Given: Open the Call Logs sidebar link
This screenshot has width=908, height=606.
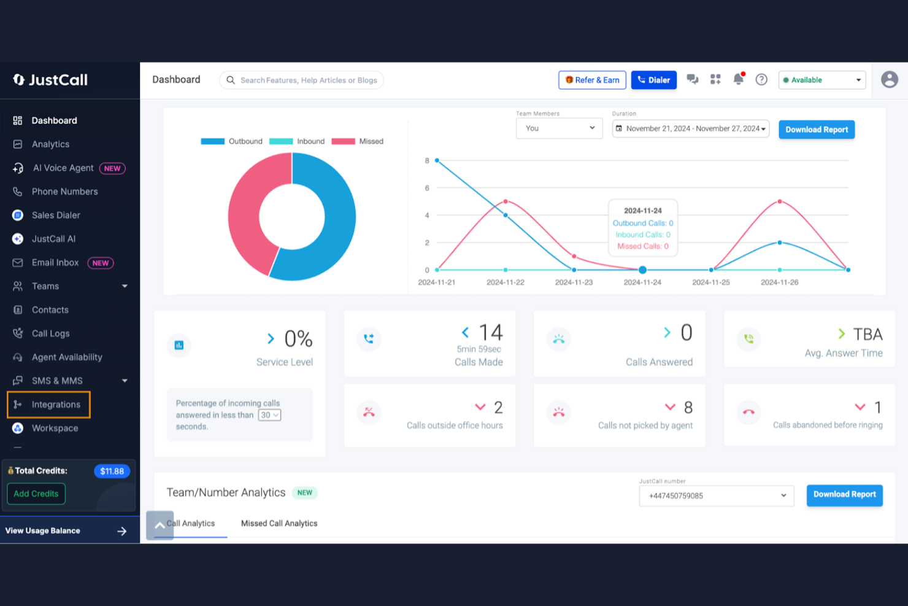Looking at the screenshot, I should [x=50, y=333].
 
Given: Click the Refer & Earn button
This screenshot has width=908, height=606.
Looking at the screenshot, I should [x=592, y=80].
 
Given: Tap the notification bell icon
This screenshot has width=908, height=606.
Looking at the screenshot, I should [x=738, y=79].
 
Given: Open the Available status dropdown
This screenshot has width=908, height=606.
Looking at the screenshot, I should [x=822, y=80].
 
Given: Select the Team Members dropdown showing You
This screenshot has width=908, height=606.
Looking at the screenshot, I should [x=559, y=128].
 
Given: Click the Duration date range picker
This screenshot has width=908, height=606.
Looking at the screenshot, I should [x=690, y=129].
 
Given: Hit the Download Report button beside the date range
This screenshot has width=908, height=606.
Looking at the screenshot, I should [x=816, y=130].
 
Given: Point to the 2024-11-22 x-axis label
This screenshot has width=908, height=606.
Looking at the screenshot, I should [x=505, y=282].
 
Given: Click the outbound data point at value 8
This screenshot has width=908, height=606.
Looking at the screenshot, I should [x=437, y=160].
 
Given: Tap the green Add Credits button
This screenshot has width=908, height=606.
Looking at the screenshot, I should [x=36, y=494].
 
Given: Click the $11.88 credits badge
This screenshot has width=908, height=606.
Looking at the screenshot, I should [x=112, y=472].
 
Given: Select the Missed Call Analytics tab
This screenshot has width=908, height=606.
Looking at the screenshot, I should [x=279, y=524].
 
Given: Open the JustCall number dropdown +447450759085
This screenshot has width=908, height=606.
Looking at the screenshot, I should [x=716, y=496].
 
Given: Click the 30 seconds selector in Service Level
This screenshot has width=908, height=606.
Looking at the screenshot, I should [x=269, y=415].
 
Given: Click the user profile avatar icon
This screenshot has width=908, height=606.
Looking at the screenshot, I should [x=889, y=80].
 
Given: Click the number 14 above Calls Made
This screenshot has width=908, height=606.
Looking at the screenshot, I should [x=490, y=332].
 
